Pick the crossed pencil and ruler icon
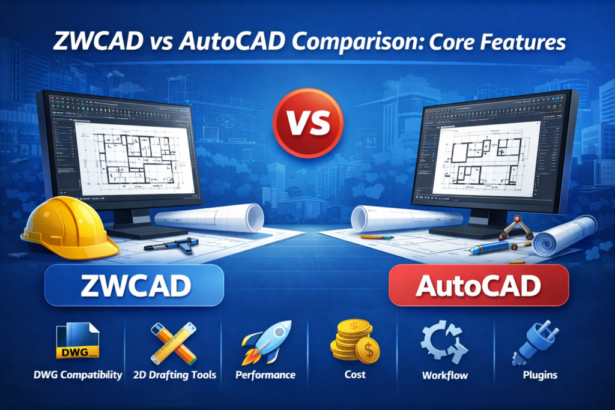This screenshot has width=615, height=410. click(x=173, y=344)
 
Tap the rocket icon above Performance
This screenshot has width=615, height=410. click(x=266, y=342)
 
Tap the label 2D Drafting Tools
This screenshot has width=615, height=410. click(x=173, y=375)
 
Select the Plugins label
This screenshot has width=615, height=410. click(x=532, y=375)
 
